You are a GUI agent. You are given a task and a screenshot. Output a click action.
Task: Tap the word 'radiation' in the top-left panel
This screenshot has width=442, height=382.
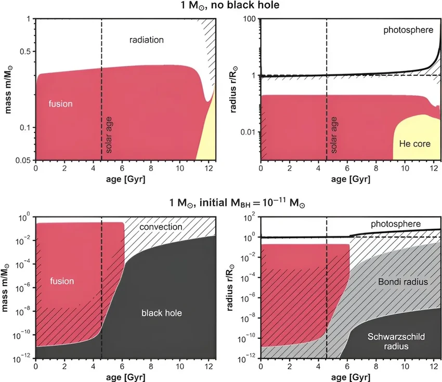click(147, 39)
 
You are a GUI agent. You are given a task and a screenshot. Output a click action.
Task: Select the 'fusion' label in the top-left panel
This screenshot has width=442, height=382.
click(61, 103)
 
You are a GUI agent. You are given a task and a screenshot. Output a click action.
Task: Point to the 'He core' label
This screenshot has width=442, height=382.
click(414, 143)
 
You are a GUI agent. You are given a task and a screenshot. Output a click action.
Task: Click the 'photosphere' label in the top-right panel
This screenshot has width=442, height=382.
click(408, 30)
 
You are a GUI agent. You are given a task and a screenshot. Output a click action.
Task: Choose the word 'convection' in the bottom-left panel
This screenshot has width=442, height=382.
click(161, 227)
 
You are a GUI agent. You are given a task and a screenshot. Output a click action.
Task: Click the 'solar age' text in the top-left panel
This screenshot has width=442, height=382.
click(109, 137)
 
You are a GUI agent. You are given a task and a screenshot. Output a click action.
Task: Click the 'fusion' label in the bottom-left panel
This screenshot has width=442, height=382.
click(62, 281)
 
